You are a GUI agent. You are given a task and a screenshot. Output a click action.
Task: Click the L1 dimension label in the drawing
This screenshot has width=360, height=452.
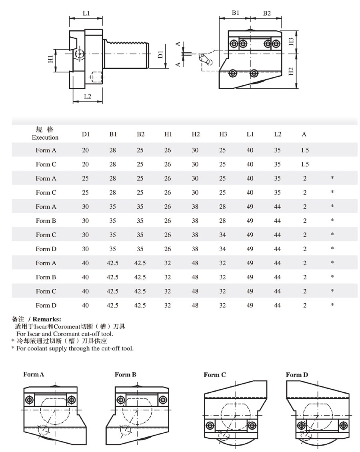[86, 13]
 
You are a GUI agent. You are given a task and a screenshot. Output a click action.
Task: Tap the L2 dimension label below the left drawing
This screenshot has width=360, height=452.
[88, 96]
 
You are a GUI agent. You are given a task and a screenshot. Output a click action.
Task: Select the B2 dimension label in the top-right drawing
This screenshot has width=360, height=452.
[267, 13]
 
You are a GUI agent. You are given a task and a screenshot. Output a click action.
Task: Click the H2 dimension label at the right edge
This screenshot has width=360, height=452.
[291, 72]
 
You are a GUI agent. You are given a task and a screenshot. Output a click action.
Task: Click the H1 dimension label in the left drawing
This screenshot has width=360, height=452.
[50, 59]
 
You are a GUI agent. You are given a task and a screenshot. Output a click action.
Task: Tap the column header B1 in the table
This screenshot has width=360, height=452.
[113, 134]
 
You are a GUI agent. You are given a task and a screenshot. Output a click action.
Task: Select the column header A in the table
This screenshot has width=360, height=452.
[304, 134]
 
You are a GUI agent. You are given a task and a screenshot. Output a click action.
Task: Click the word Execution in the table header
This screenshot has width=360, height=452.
[45, 137]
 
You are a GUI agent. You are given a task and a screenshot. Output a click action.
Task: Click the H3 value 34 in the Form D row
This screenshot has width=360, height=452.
[222, 249]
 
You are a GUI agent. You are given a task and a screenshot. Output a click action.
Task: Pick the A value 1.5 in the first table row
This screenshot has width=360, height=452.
[305, 150]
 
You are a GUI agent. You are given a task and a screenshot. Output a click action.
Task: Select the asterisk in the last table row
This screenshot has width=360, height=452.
[332, 305]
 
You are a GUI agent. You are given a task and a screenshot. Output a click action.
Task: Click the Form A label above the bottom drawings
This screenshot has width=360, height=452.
[34, 375]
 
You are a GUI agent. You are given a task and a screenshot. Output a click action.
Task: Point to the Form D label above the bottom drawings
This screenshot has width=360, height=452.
[297, 375]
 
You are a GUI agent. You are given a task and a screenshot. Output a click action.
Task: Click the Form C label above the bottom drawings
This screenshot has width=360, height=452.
[215, 375]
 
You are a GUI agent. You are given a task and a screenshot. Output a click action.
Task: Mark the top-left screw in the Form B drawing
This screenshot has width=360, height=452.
[120, 399]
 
